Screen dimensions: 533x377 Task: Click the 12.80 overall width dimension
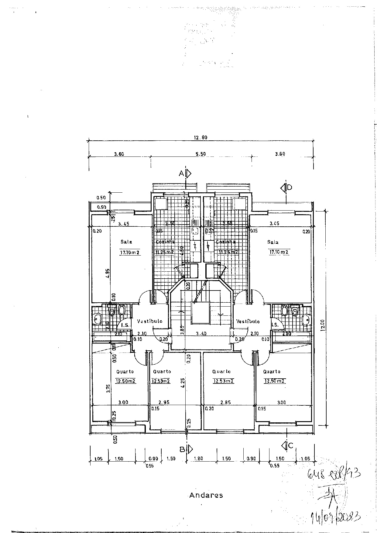pos(200,137)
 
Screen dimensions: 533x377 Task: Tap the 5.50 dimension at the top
pos(200,154)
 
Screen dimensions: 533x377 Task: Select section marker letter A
pos(181,174)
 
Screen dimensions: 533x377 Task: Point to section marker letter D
pos(290,187)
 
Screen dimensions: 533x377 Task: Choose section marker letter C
pos(290,446)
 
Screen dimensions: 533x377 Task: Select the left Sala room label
pos(126,242)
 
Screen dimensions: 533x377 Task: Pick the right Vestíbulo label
pos(248,321)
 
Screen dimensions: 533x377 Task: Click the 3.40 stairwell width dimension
pos(201,334)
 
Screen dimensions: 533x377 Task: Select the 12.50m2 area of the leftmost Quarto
pos(125,381)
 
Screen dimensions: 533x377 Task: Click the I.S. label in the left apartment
pos(125,325)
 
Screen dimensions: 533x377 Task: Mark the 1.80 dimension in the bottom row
pos(198,459)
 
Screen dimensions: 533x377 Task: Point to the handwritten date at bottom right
pos(335,516)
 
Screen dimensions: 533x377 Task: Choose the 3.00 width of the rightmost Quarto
pos(282,402)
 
